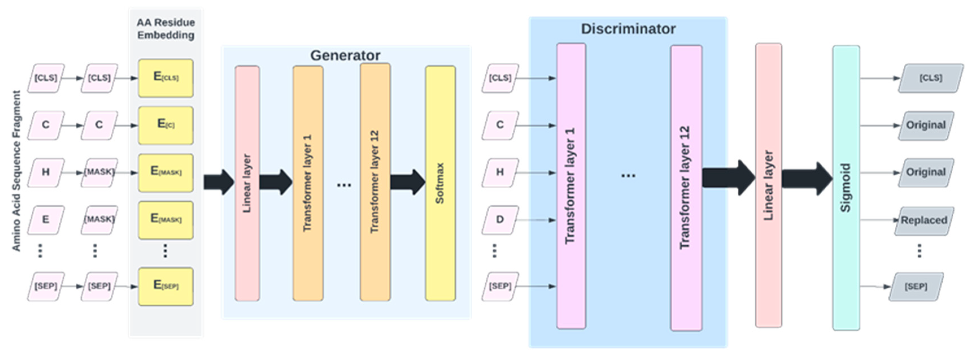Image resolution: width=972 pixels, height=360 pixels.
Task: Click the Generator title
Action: click(x=345, y=55)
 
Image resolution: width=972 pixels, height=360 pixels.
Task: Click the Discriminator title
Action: click(x=628, y=29)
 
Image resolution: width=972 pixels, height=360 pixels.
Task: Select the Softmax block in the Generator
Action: click(x=440, y=184)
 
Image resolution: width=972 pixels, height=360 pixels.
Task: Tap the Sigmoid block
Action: click(x=846, y=187)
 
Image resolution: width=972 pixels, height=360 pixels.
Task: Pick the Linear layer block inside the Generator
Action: click(x=247, y=184)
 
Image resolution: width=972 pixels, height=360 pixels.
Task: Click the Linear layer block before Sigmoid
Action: click(x=768, y=185)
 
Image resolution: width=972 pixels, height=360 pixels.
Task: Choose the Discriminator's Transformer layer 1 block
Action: click(x=571, y=186)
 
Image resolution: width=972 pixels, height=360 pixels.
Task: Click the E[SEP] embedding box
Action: click(x=166, y=286)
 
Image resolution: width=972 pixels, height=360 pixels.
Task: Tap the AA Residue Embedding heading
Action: click(x=166, y=29)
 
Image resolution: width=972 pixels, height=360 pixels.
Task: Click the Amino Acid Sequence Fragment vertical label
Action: click(x=16, y=171)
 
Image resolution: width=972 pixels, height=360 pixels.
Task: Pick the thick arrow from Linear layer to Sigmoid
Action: click(x=806, y=178)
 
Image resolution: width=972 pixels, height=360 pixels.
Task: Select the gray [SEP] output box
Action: click(x=916, y=286)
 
